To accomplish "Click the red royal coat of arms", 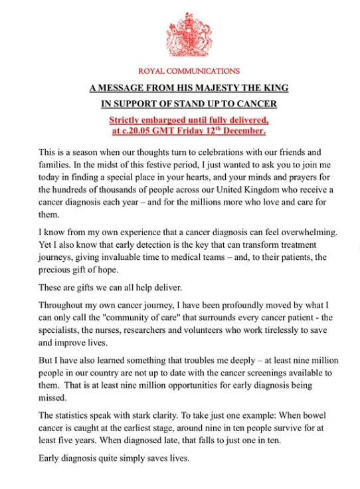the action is click(x=189, y=34).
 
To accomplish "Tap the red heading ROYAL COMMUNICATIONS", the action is click(x=189, y=71).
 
